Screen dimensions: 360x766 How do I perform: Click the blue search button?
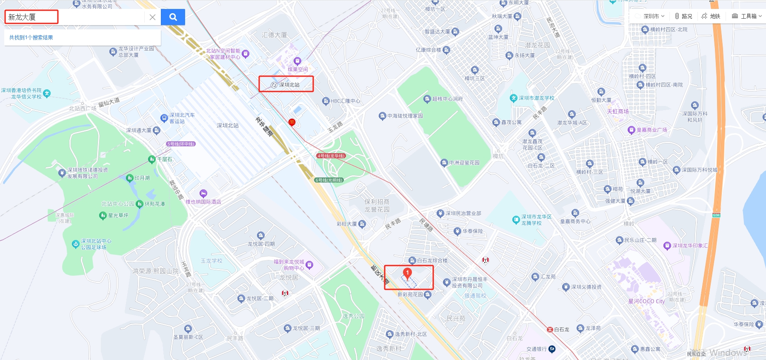click(173, 17)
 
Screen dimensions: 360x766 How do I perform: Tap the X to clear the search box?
click(152, 17)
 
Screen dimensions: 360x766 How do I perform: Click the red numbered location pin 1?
click(407, 274)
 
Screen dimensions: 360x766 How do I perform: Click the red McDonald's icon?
click(292, 122)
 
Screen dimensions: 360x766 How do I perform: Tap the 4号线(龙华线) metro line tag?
click(331, 156)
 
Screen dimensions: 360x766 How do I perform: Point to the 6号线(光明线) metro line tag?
click(329, 180)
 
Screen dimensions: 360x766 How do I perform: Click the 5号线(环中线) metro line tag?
click(181, 144)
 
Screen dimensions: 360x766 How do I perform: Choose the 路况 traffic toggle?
click(683, 16)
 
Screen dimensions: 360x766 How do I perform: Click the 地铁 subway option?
click(711, 16)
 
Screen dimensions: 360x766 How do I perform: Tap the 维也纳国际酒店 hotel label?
click(203, 202)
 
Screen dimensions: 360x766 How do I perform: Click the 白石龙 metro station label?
click(561, 329)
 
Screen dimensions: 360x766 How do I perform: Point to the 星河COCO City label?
click(646, 301)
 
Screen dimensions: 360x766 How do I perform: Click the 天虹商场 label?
click(617, 111)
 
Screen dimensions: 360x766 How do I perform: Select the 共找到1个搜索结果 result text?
click(31, 37)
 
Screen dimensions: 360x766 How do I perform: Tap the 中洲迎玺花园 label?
click(464, 163)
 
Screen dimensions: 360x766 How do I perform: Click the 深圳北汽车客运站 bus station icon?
click(164, 118)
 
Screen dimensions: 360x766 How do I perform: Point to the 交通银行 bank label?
click(537, 349)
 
